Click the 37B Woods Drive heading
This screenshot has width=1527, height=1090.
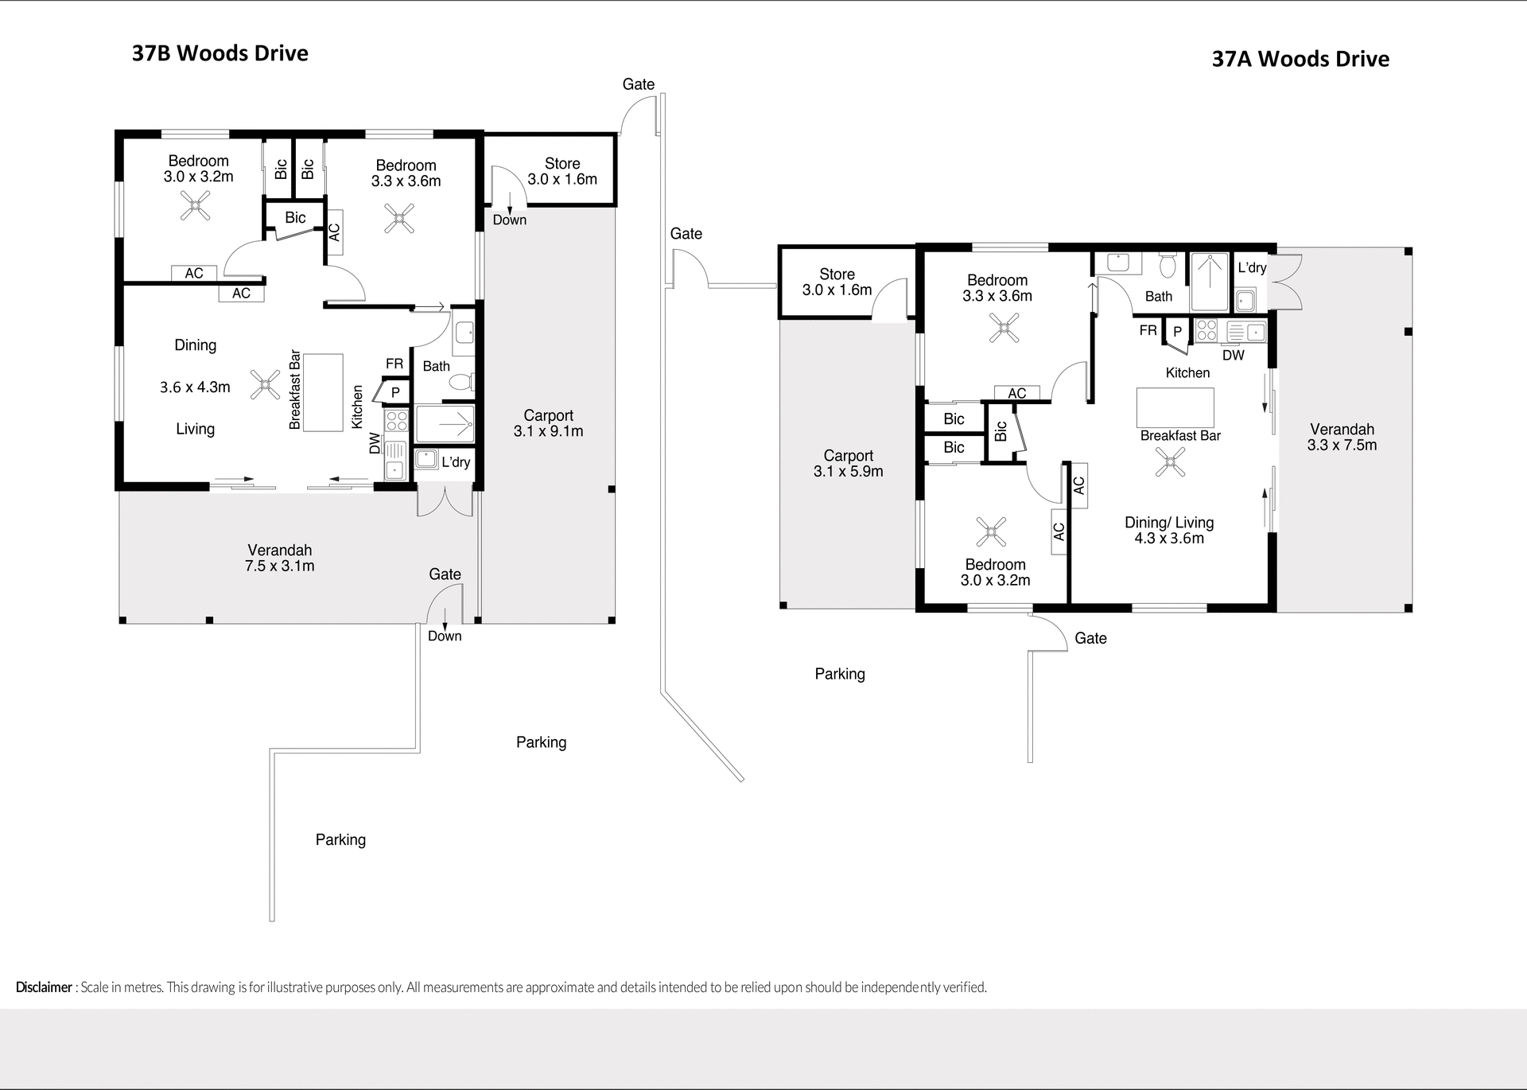pyautogui.click(x=220, y=53)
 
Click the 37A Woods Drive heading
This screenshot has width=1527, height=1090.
pyautogui.click(x=1300, y=59)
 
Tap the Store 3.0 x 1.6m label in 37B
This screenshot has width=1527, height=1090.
pyautogui.click(x=562, y=171)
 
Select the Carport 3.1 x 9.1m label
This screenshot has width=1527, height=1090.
pyautogui.click(x=548, y=423)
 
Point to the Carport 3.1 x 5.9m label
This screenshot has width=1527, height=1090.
pyautogui.click(x=848, y=463)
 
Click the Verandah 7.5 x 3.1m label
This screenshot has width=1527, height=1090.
pyautogui.click(x=279, y=558)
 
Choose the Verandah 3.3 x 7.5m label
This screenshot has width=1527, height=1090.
pyautogui.click(x=1342, y=437)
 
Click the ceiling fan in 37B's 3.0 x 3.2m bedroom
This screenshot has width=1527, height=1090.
pyautogui.click(x=195, y=208)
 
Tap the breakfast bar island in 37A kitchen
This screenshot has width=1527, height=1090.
pyautogui.click(x=1175, y=407)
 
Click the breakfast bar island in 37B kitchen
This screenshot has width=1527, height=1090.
pyautogui.click(x=323, y=392)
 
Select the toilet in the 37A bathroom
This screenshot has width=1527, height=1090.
pyautogui.click(x=1168, y=265)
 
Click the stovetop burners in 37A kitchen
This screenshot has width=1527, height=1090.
pyautogui.click(x=1206, y=330)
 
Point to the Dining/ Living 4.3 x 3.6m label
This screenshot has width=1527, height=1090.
pyautogui.click(x=1169, y=530)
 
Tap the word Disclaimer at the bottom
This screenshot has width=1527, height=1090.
pyautogui.click(x=44, y=987)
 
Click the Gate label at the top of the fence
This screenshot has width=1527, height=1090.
pyautogui.click(x=638, y=84)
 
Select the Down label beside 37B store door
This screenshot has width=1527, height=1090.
pyautogui.click(x=509, y=220)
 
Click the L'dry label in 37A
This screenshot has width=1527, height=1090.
pyautogui.click(x=1252, y=267)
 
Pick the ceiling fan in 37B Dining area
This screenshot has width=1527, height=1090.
pyautogui.click(x=264, y=384)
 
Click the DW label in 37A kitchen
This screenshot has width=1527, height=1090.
pyautogui.click(x=1233, y=355)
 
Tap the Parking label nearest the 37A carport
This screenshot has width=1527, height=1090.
pyautogui.click(x=839, y=674)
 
